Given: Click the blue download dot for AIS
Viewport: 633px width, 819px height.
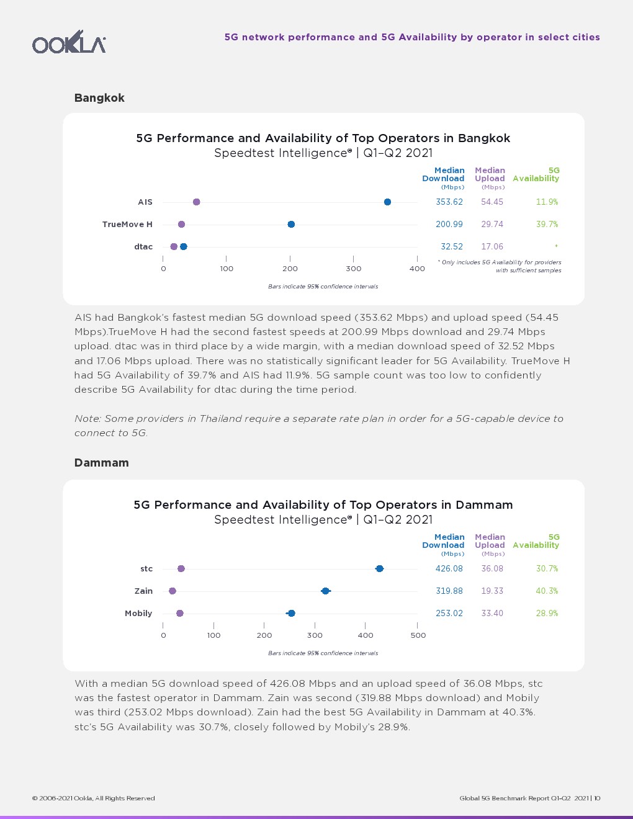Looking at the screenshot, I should click(x=387, y=202).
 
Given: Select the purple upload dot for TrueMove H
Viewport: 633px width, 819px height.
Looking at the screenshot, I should click(x=181, y=225).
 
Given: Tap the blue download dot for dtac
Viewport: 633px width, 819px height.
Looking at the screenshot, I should click(x=183, y=247).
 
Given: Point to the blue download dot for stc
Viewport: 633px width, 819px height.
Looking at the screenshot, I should click(x=379, y=569).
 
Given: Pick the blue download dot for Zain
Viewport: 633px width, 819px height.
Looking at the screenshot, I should click(x=325, y=591).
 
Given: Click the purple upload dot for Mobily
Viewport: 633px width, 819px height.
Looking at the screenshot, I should click(x=180, y=614).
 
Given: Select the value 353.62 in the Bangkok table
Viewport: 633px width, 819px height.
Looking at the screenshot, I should click(x=449, y=202).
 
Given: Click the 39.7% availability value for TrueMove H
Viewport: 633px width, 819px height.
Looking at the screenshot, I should click(x=547, y=225).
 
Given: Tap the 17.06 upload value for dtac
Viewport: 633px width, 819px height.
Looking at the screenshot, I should click(x=492, y=247).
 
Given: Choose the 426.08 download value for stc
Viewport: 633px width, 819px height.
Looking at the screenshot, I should click(x=449, y=569).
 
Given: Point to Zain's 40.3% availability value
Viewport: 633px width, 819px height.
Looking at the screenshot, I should click(x=547, y=591).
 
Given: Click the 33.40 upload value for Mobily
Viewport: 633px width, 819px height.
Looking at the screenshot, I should click(x=492, y=614).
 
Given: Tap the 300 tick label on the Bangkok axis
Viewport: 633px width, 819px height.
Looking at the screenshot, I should click(x=354, y=269).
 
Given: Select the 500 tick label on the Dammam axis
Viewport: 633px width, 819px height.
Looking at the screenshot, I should click(x=418, y=635).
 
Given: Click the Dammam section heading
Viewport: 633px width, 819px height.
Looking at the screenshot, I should click(x=101, y=463).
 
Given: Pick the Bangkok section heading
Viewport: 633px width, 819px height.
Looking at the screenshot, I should click(x=99, y=98).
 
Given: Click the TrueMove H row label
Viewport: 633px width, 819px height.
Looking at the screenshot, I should click(x=127, y=225).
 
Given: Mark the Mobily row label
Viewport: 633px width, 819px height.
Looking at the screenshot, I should click(x=138, y=614).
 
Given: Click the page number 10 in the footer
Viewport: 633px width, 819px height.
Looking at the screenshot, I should click(x=597, y=799).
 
